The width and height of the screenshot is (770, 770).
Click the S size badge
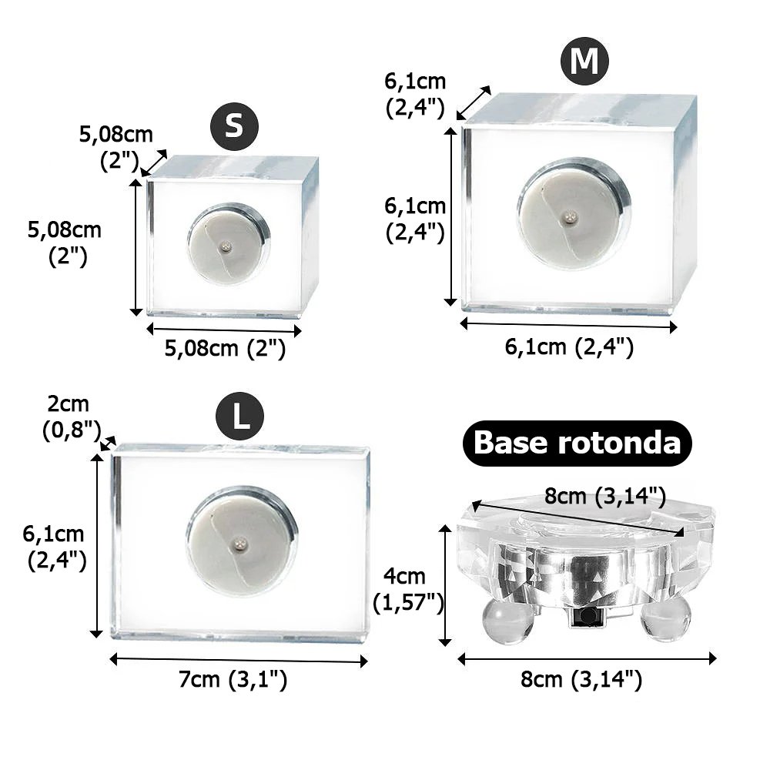pos(234,126)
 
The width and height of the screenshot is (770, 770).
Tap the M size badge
pos(584,62)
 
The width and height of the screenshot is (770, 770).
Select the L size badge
pos(239,417)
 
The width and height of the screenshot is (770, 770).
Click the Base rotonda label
pos(577,443)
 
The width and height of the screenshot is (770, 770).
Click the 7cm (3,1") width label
pos(233,680)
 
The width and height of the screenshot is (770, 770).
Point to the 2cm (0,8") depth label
pos(71,417)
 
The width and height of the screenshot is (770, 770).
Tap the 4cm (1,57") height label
pos(408,589)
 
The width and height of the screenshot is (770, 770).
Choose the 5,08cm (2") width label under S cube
pos(225,348)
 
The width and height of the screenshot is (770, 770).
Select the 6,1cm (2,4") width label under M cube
pos(569,346)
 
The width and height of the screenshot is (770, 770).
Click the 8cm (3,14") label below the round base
pos(581,680)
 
